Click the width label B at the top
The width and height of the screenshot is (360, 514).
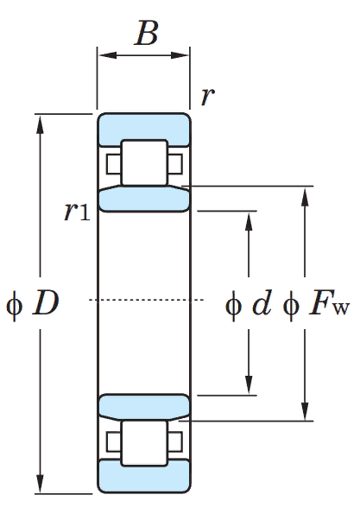(x=147, y=33)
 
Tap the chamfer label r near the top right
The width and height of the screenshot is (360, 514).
(x=208, y=96)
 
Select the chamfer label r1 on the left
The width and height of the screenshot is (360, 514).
(x=77, y=211)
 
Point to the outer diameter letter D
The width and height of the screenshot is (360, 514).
(x=46, y=303)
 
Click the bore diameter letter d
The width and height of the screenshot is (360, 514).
(x=262, y=303)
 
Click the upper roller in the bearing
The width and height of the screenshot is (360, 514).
(x=144, y=162)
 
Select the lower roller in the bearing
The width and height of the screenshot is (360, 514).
(x=144, y=443)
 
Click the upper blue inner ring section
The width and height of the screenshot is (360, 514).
(x=144, y=199)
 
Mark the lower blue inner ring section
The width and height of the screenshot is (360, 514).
(x=144, y=407)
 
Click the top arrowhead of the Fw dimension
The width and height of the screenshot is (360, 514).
(x=305, y=196)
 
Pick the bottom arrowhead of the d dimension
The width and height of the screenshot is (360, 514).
(x=249, y=384)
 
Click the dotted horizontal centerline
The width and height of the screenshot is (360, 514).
(x=146, y=300)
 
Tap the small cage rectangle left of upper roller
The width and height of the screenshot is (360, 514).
(x=113, y=163)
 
